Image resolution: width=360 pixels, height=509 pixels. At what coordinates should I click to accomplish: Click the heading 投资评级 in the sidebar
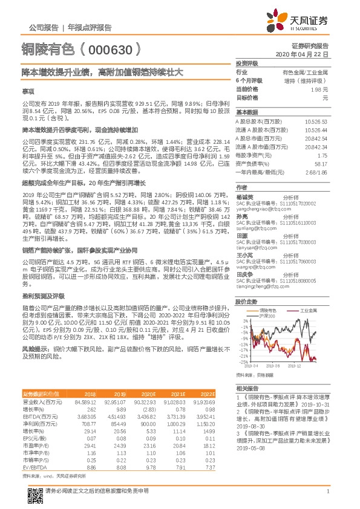coord(247,63)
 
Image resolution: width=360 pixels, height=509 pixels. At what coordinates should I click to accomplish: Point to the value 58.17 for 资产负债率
coord(320,163)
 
